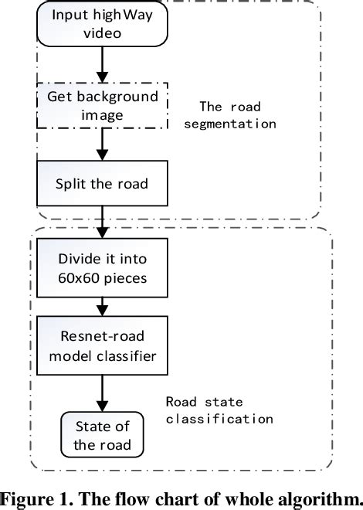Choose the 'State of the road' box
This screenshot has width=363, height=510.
[x=103, y=435]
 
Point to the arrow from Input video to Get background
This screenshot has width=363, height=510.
[x=103, y=66]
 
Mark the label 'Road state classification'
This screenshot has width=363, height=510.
[x=219, y=410]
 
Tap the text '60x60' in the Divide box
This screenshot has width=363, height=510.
[x=75, y=277]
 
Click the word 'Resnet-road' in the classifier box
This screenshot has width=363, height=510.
[x=91, y=337]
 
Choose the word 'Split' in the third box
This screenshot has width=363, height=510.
[x=71, y=183]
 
